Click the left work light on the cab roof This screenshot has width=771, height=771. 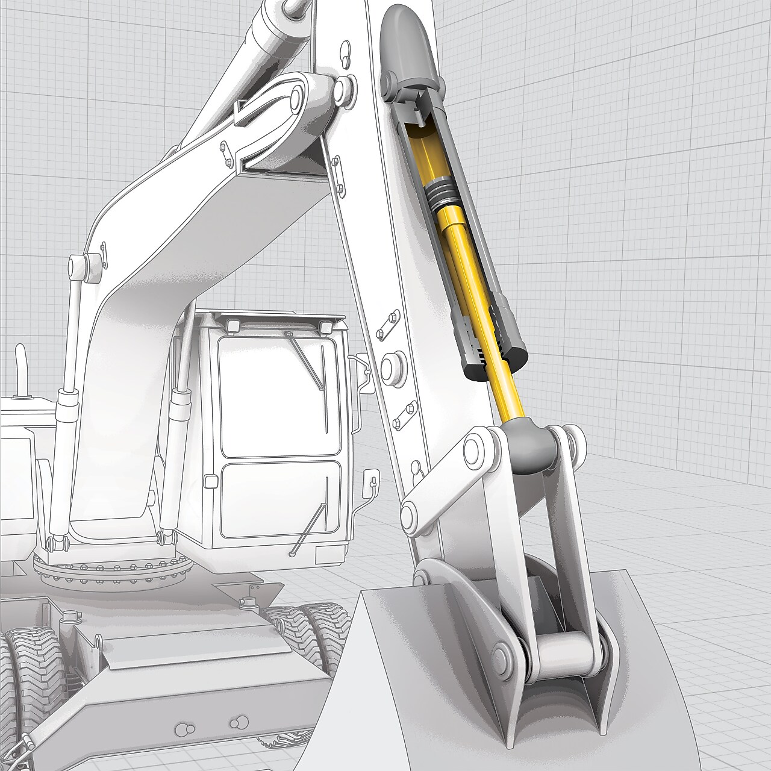(233, 326)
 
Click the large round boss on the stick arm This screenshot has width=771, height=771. (392, 367)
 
